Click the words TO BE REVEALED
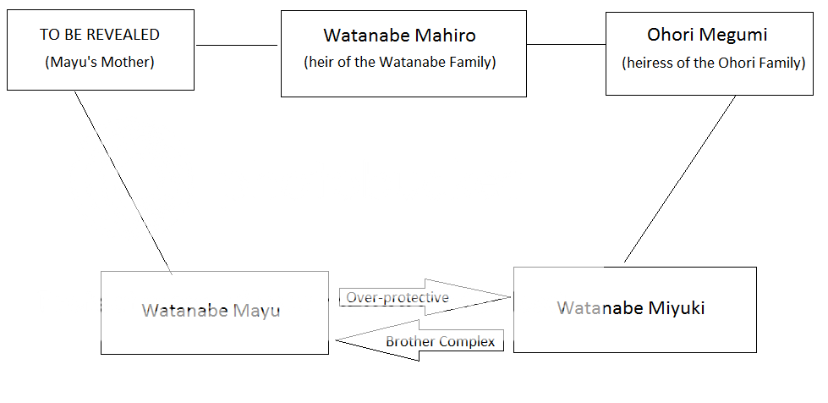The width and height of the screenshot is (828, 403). click(99, 35)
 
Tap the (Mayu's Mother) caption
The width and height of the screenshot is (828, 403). click(100, 63)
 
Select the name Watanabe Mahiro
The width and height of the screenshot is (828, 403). click(400, 36)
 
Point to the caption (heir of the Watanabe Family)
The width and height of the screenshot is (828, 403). click(400, 63)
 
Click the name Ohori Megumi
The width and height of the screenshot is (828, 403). click(708, 35)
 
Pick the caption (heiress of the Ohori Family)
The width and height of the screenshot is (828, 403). click(714, 63)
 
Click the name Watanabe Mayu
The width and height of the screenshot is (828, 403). click(211, 310)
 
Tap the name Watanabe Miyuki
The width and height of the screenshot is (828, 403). click(631, 308)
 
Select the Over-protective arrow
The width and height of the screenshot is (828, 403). click(425, 297)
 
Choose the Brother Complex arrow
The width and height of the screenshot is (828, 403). click(419, 340)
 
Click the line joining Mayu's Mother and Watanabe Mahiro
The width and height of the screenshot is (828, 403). click(237, 45)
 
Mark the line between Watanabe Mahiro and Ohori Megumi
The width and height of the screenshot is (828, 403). click(566, 44)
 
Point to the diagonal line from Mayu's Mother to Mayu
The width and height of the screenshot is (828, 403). click(123, 183)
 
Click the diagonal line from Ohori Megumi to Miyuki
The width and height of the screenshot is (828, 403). click(680, 179)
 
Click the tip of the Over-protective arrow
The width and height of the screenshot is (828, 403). click(510, 297)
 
